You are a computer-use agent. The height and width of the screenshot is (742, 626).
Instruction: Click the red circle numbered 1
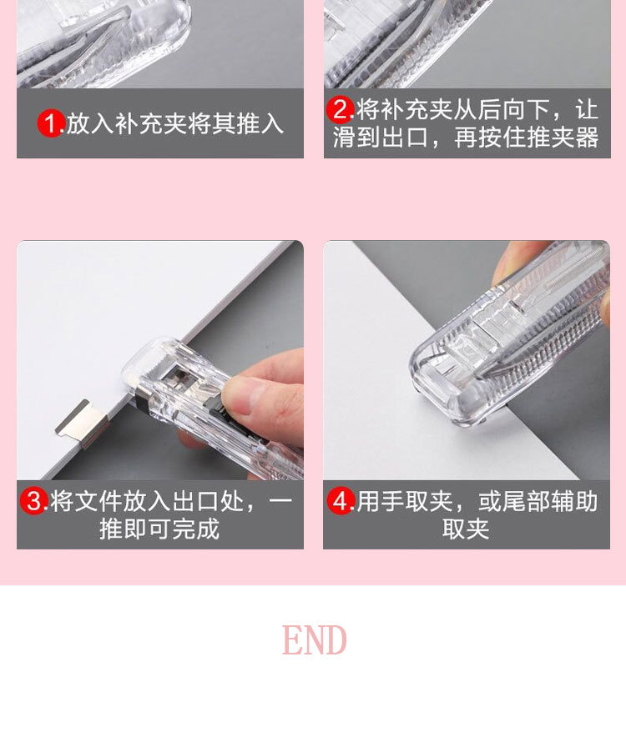[50, 123]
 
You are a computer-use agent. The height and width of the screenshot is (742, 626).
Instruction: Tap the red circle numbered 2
[340, 110]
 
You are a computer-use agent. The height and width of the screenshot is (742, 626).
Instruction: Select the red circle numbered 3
[34, 501]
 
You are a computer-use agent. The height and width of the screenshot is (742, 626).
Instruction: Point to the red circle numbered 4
[341, 501]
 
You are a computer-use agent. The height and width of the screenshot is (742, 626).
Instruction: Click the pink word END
[314, 639]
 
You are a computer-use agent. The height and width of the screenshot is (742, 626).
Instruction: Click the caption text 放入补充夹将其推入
[174, 124]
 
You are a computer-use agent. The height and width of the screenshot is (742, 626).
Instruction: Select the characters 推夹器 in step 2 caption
[563, 138]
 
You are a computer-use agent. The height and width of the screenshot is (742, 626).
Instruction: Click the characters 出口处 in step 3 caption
[208, 502]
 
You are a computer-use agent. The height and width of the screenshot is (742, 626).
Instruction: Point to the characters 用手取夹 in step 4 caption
[404, 502]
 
